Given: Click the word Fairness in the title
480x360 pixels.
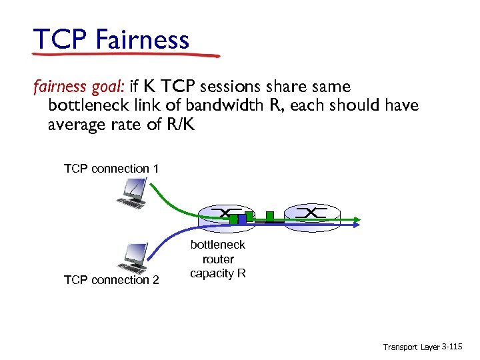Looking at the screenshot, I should click(142, 39).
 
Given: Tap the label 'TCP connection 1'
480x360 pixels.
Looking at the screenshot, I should click(111, 169).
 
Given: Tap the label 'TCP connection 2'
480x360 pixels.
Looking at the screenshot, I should click(111, 280).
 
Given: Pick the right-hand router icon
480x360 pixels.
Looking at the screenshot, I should click(310, 213).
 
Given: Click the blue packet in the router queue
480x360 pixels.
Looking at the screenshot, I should click(241, 219).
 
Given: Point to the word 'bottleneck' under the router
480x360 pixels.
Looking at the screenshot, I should click(218, 245).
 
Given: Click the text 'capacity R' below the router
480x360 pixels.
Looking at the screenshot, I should click(218, 274).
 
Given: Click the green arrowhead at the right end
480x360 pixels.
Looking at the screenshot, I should click(357, 218).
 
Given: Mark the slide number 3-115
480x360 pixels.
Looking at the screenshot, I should click(452, 347).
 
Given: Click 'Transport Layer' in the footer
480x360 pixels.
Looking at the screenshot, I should click(411, 347).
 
